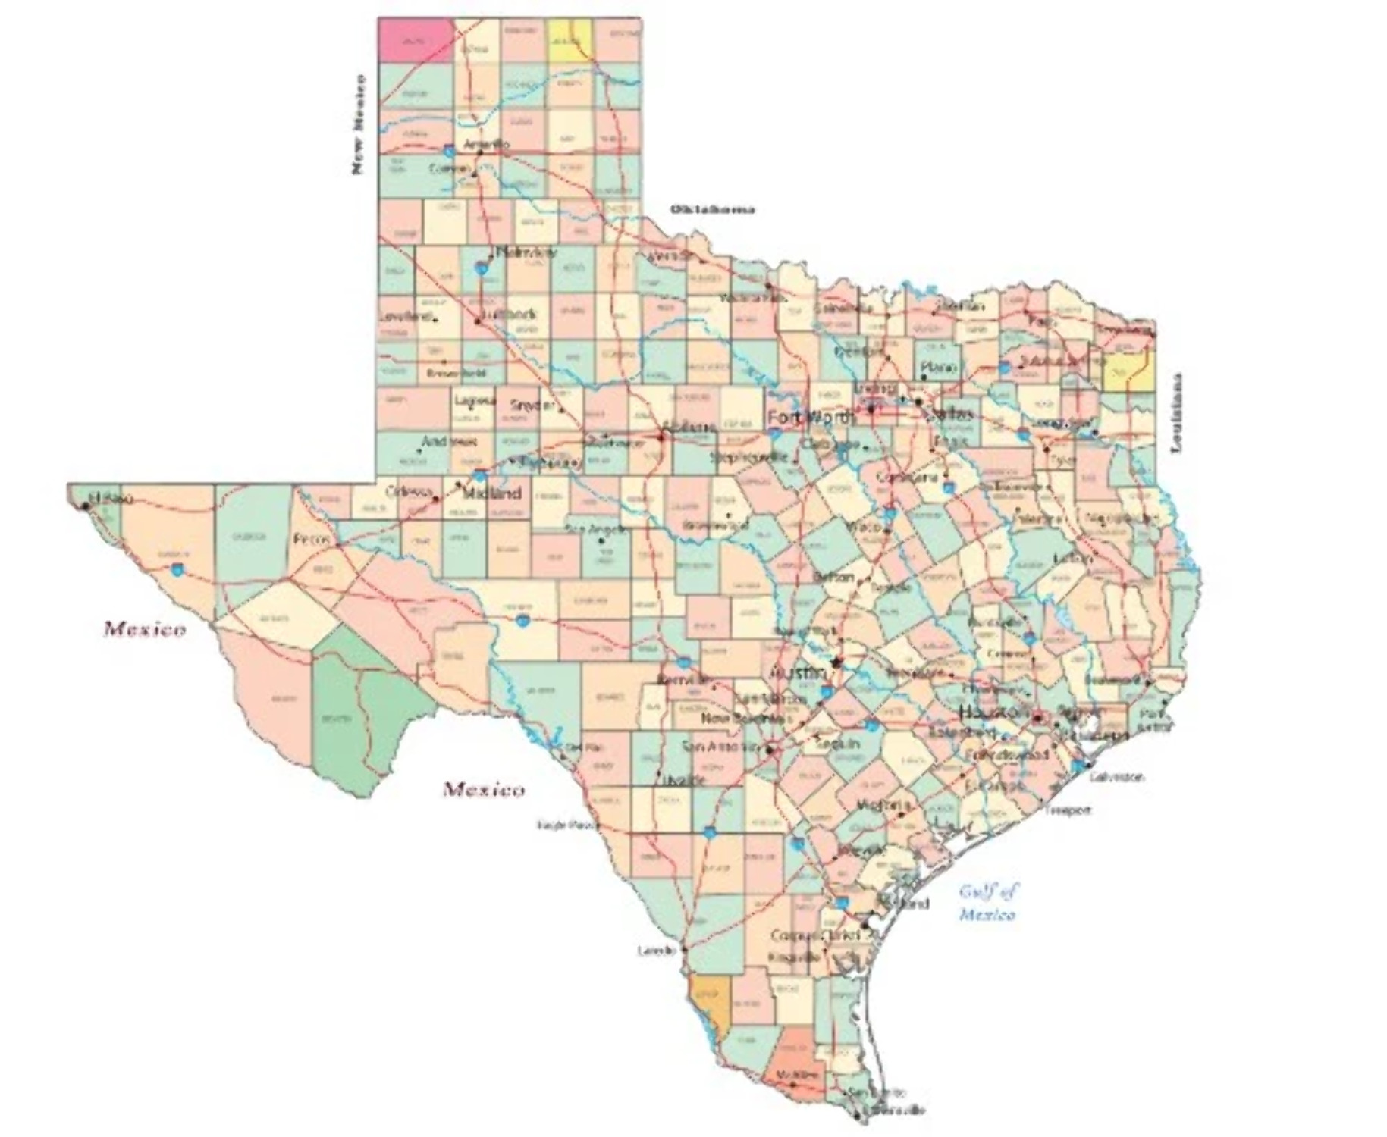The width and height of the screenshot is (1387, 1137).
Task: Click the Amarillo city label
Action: pyautogui.click(x=486, y=143)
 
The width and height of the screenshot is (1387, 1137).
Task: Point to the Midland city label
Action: pyautogui.click(x=491, y=493)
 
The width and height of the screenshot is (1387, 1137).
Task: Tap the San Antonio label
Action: pyautogui.click(x=720, y=746)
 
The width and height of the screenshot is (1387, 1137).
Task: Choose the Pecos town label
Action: pyautogui.click(x=312, y=540)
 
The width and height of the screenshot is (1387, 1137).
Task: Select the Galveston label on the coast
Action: pyautogui.click(x=1116, y=777)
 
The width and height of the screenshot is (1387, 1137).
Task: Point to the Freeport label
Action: pyautogui.click(x=1068, y=810)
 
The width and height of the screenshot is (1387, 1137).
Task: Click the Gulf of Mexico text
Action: pyautogui.click(x=988, y=902)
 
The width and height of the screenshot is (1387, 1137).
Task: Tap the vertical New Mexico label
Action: pyautogui.click(x=358, y=124)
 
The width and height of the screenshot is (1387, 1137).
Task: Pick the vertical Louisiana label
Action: pyautogui.click(x=1177, y=413)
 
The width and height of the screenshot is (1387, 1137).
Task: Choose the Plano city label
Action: pyautogui.click(x=938, y=367)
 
